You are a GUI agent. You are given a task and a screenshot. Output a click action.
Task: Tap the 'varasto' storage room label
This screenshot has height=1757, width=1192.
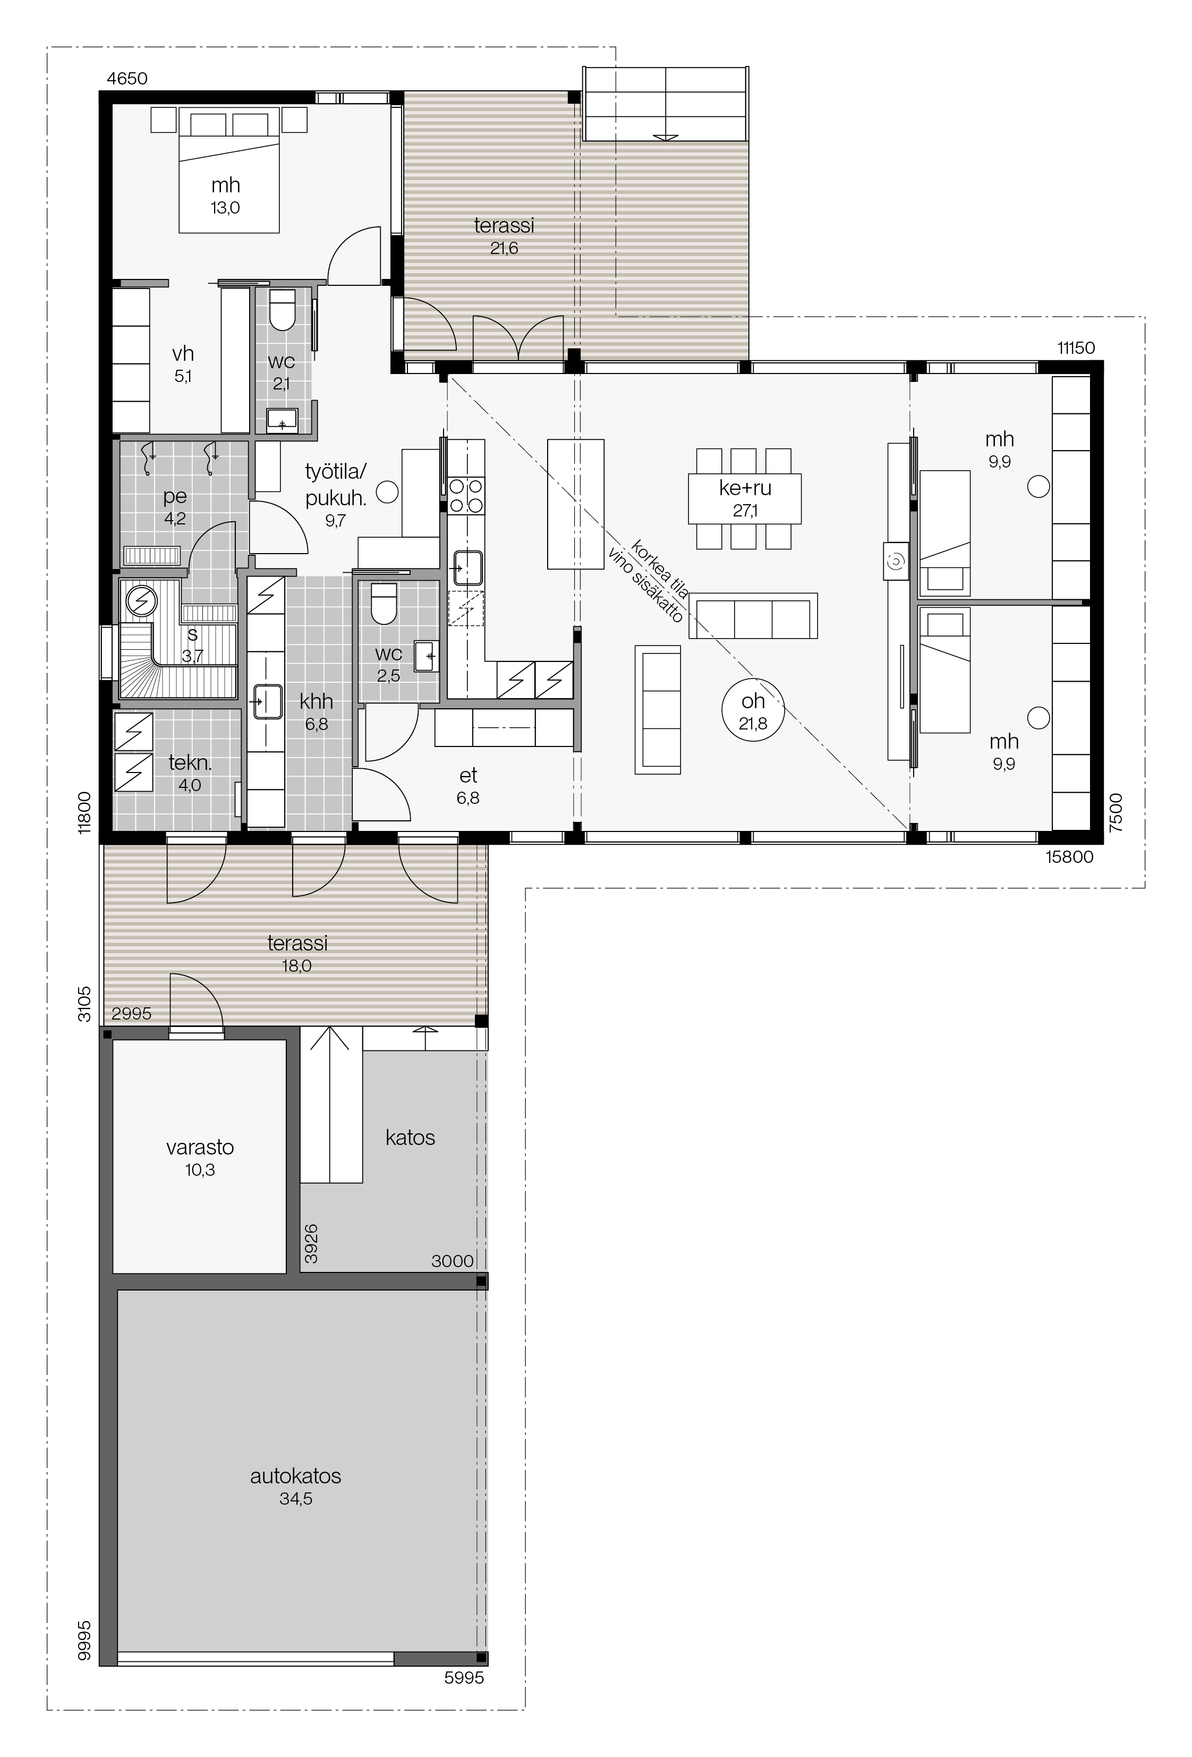click(200, 1147)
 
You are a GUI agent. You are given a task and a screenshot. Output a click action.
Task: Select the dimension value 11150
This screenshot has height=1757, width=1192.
click(1076, 348)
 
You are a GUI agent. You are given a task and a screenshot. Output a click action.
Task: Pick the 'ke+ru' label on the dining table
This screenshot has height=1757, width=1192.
click(745, 488)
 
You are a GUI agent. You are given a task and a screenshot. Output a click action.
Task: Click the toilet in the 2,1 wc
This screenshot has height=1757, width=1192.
click(282, 311)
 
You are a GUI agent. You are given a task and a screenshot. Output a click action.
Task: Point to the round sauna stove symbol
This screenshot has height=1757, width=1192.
click(141, 601)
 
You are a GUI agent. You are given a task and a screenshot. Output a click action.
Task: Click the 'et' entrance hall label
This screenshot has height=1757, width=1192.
click(468, 775)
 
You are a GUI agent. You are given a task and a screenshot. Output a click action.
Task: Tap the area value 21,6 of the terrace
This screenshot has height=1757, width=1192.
click(504, 248)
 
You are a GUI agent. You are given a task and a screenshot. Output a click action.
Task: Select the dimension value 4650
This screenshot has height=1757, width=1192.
click(127, 79)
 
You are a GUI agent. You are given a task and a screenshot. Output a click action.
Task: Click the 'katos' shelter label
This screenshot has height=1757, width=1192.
click(411, 1137)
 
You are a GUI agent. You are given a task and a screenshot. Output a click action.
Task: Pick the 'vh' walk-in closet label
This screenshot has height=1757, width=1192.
click(183, 353)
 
